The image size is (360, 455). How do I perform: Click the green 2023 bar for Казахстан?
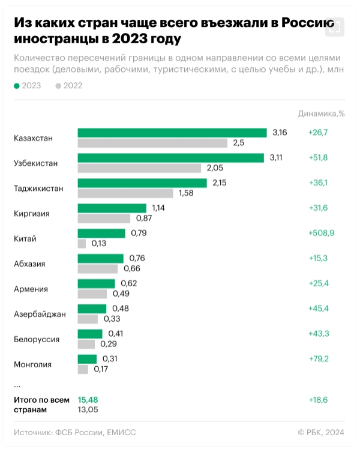click(x=172, y=133)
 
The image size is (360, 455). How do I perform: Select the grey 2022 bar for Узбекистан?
click(x=139, y=168)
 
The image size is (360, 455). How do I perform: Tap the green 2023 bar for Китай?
click(x=101, y=233)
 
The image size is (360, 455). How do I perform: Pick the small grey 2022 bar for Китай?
click(x=82, y=244)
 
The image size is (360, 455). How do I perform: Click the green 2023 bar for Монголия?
click(x=87, y=359)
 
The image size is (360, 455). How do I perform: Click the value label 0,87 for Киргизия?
click(x=144, y=218)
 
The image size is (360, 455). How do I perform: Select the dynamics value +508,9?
click(x=321, y=233)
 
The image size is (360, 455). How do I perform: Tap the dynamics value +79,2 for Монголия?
click(x=319, y=359)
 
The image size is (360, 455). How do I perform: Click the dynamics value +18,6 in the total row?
click(x=319, y=399)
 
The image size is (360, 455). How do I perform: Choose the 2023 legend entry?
click(x=28, y=86)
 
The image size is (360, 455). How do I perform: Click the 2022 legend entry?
click(x=68, y=86)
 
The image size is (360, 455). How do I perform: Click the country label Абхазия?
click(x=29, y=264)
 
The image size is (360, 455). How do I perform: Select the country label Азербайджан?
click(x=40, y=314)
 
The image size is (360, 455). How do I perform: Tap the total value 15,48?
click(x=88, y=399)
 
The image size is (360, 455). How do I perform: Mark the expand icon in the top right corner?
click(x=335, y=26)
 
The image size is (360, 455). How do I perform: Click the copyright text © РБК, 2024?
click(x=321, y=432)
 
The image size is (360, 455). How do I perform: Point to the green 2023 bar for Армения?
click(x=96, y=283)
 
